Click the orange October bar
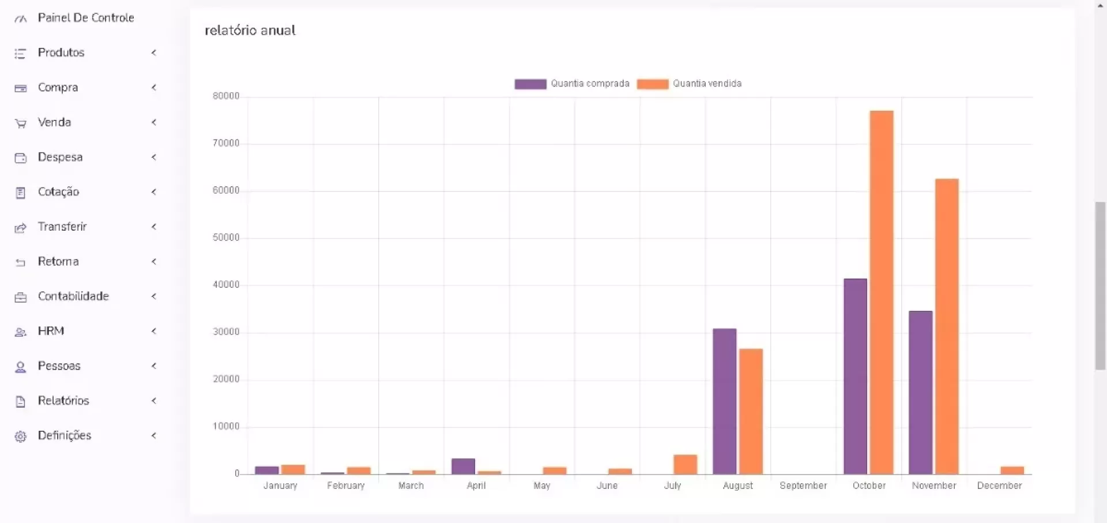(881, 292)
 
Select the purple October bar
(855, 376)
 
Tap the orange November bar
(947, 326)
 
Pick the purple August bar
(724, 401)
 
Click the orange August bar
(751, 411)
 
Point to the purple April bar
(463, 466)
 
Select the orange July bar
(685, 464)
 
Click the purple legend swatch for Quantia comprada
(530, 84)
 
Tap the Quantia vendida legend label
(707, 84)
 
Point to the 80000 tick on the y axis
(226, 96)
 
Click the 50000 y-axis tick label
(226, 238)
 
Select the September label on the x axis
(803, 486)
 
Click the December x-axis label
(999, 486)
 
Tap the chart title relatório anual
(250, 31)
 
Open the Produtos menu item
(61, 52)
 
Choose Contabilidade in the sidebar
(73, 296)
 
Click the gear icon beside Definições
(21, 437)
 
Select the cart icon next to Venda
(21, 123)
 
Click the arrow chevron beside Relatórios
(154, 401)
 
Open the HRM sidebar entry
(51, 331)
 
